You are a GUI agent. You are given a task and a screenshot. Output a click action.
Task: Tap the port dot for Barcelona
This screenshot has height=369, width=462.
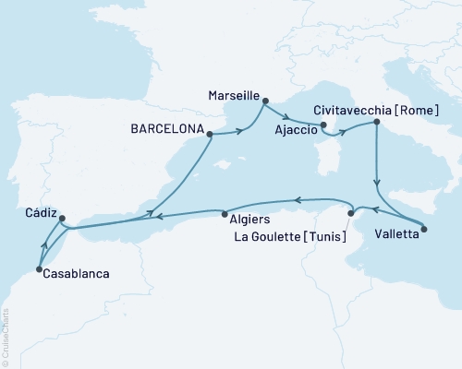212,135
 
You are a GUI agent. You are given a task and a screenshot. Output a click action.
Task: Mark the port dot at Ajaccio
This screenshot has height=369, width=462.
324,125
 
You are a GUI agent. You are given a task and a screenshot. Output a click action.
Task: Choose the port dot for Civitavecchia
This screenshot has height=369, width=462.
376,122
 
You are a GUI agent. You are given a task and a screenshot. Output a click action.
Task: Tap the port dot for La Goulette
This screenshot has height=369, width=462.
350,214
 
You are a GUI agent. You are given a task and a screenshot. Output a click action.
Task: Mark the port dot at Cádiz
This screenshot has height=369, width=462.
62,220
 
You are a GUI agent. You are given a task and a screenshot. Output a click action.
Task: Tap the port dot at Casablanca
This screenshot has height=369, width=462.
39,269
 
